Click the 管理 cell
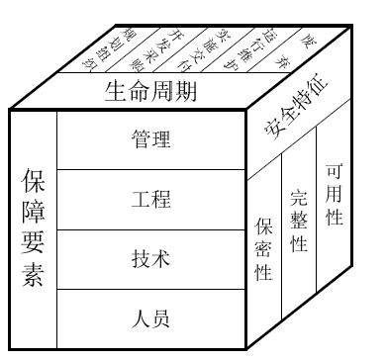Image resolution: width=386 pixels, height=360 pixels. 150,140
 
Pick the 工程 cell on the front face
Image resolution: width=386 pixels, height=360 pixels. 150,199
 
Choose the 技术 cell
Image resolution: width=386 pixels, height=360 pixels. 150,259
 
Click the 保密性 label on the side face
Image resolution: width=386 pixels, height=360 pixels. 263,248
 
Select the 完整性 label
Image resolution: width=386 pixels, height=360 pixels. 298,220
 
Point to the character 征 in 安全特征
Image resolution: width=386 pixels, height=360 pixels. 329,91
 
